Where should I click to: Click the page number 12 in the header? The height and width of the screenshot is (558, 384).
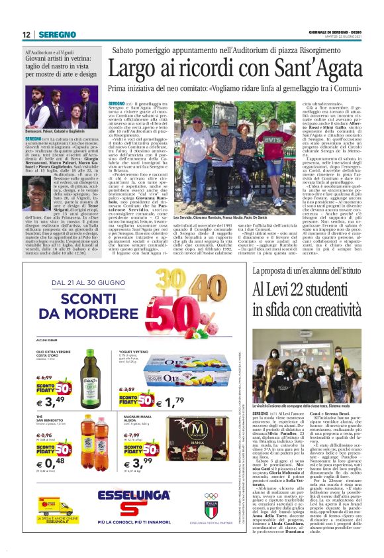tap(26, 34)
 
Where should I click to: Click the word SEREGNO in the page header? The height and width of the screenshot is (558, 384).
tap(58, 34)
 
